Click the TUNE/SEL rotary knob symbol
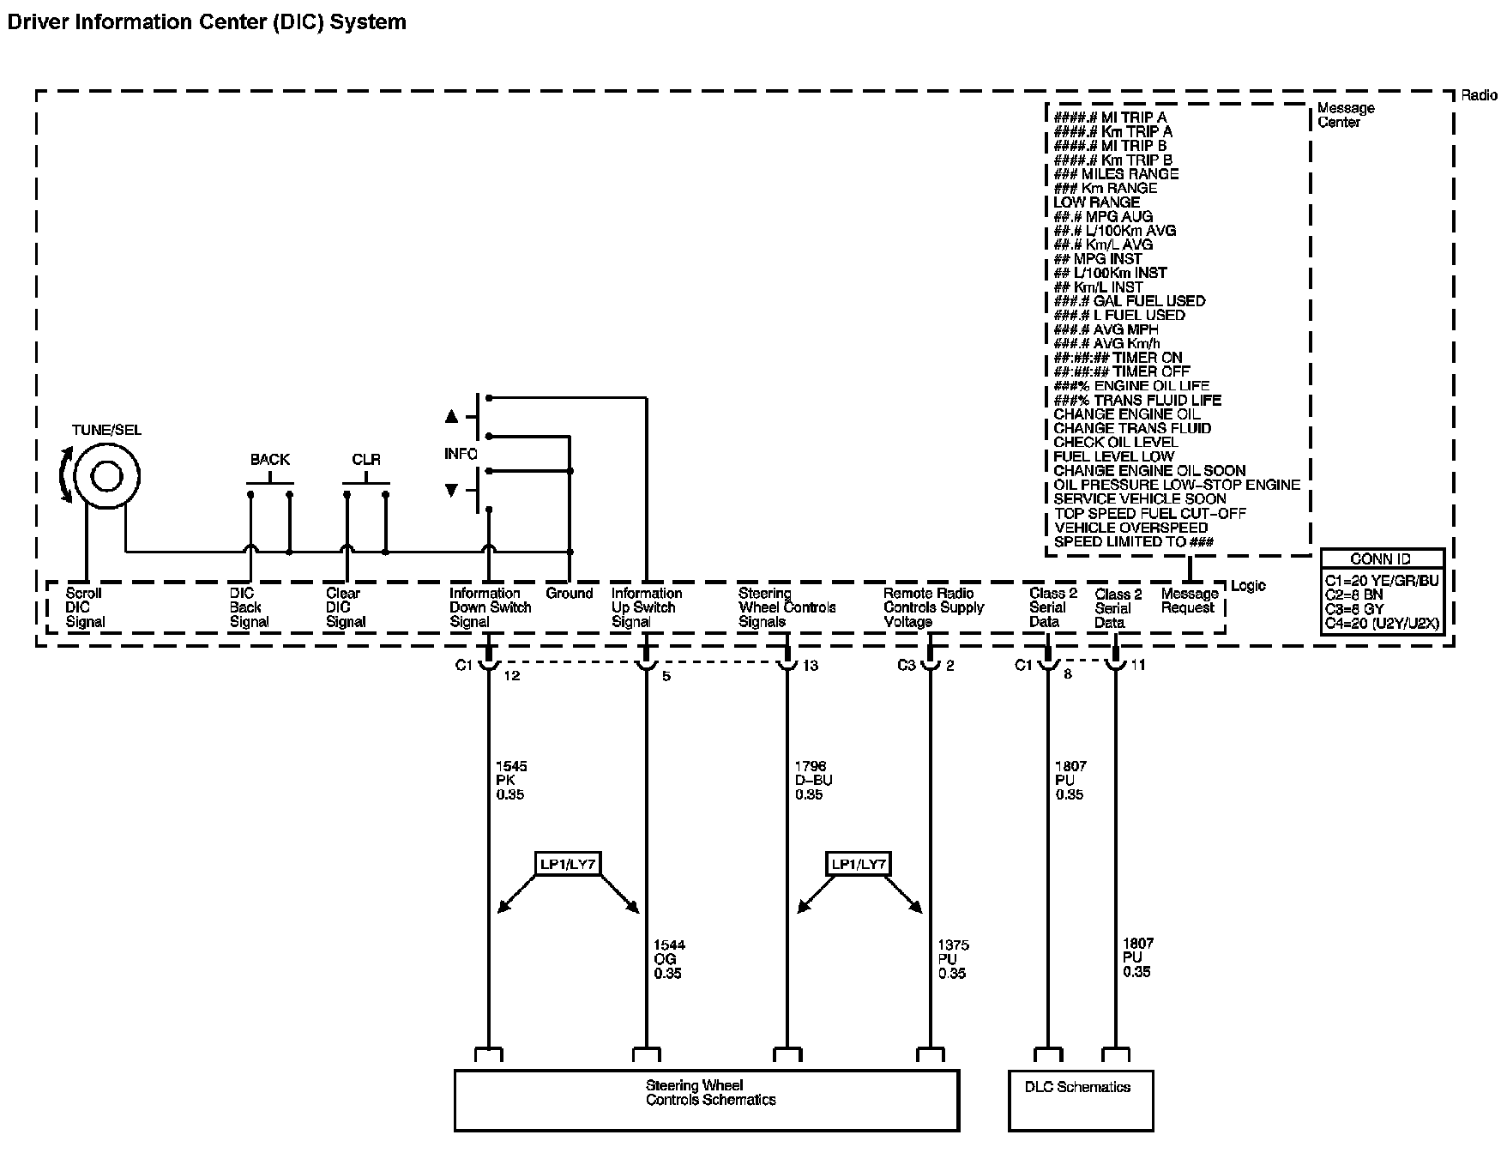point(106,477)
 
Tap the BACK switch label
point(270,460)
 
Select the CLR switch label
point(366,460)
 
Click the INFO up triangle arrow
point(452,417)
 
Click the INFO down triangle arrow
point(452,491)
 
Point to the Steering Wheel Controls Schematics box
point(706,1099)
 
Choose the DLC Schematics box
point(1080,1099)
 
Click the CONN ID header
point(1380,558)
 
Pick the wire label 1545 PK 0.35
point(511,781)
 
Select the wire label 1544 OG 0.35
point(669,959)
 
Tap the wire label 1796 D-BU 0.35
point(813,781)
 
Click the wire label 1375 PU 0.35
point(953,959)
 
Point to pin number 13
point(811,667)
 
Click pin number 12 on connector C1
point(512,675)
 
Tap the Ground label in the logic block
point(570,594)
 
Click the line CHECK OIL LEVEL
point(1115,443)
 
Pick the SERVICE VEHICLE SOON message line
point(1140,499)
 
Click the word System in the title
point(368,21)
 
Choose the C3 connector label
point(907,666)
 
